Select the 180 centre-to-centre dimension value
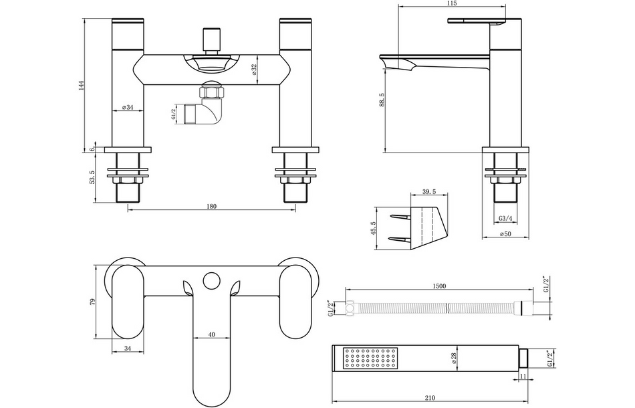click(211, 206)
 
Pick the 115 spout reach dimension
click(451, 4)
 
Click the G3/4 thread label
click(505, 218)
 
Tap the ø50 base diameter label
click(505, 234)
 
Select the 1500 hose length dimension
click(438, 286)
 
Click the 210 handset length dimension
click(430, 397)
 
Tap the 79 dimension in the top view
click(94, 302)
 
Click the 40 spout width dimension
click(211, 335)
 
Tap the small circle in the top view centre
click(213, 278)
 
